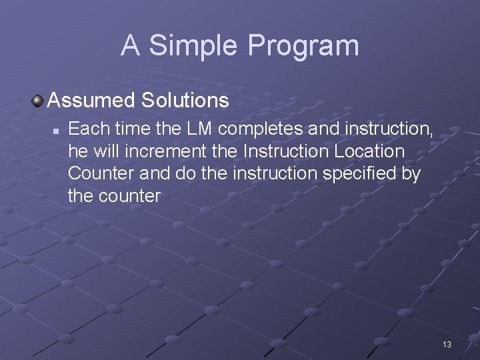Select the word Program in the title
pos(303,46)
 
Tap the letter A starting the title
pos(131,45)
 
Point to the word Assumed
pos(91,101)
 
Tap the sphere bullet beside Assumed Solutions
pos(38,101)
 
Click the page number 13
pos(447,345)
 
